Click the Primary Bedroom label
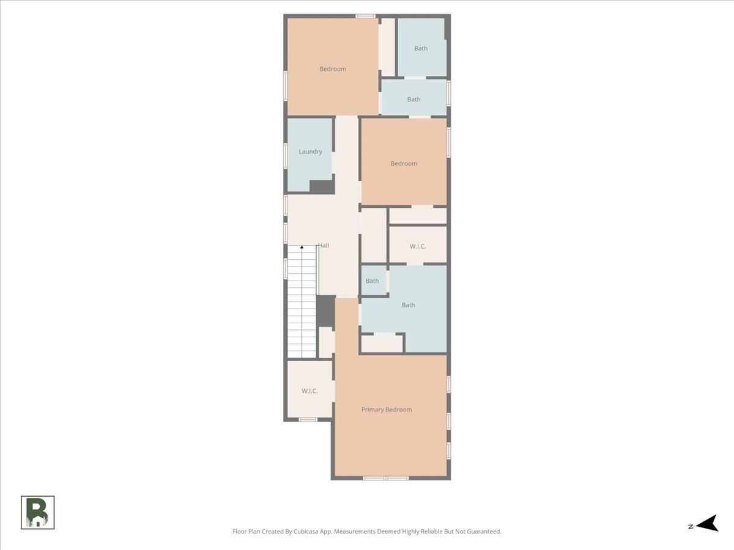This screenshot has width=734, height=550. [x=387, y=409]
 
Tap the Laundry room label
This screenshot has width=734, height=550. [x=310, y=152]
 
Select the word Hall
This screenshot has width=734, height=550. [x=324, y=246]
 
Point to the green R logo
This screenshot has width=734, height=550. [x=37, y=513]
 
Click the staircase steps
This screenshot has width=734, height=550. [x=302, y=302]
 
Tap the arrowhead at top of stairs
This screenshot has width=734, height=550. [x=302, y=247]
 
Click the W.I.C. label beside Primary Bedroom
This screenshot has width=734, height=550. [x=310, y=391]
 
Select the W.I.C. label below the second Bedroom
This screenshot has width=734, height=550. [x=418, y=246]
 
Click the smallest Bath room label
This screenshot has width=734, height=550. [x=372, y=281]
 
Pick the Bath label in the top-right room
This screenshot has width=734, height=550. [x=421, y=48]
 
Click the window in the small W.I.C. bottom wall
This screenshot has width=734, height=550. [x=308, y=420]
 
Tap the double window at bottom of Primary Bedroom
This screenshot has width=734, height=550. [x=386, y=479]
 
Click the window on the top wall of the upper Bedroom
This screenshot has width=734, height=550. [x=365, y=16]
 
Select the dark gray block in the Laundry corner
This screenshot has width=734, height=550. [x=322, y=187]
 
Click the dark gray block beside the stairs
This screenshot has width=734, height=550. [x=325, y=311]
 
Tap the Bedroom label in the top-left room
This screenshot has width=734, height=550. [x=333, y=69]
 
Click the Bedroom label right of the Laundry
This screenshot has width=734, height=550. [x=404, y=164]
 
